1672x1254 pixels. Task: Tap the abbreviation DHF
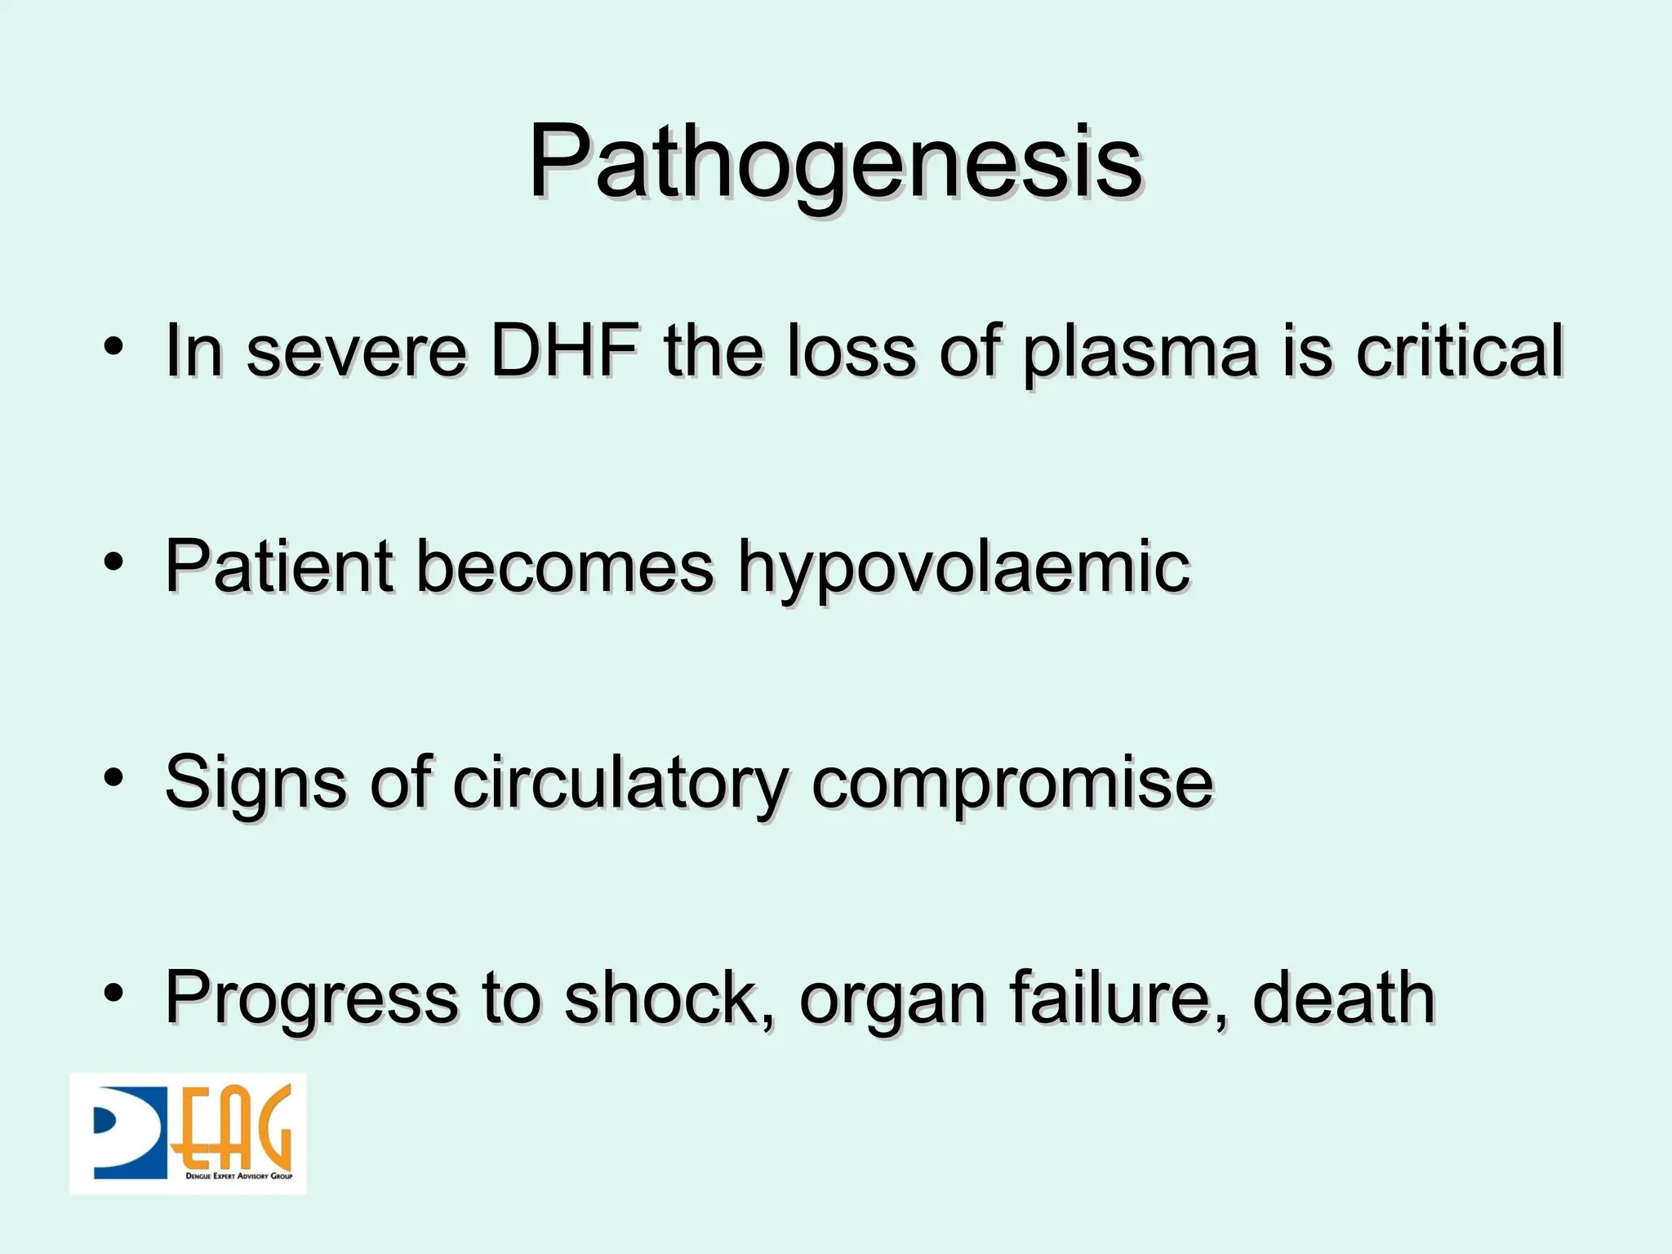[564, 351]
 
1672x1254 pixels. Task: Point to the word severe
[357, 353]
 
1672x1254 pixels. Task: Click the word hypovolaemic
[963, 568]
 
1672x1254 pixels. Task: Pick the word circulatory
[620, 784]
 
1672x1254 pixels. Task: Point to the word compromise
[1012, 784]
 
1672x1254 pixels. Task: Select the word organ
[892, 1001]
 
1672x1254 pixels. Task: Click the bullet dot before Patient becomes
[113, 562]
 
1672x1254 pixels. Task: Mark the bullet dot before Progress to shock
[113, 993]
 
